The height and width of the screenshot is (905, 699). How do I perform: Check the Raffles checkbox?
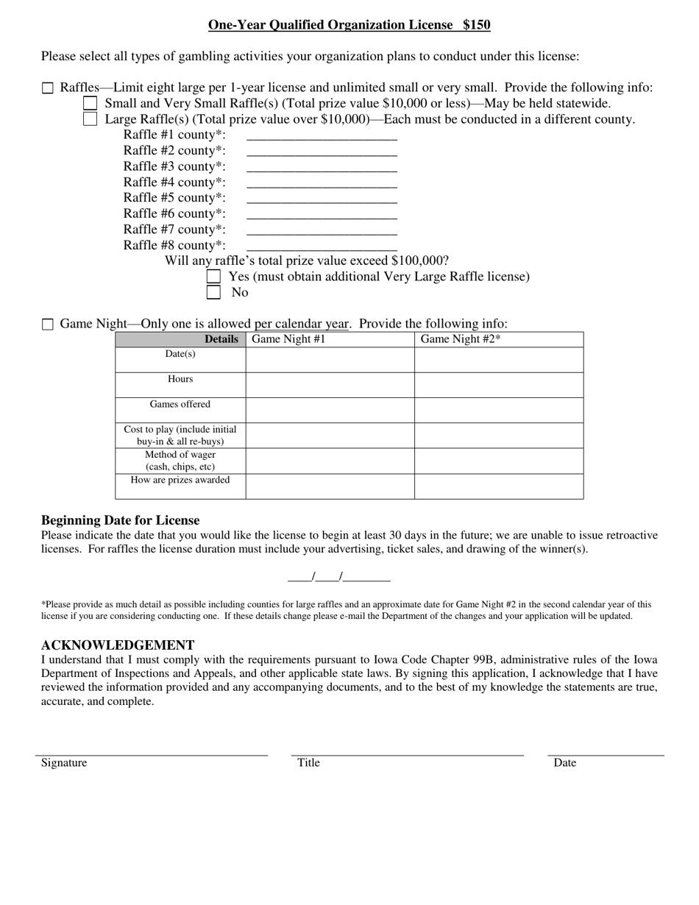click(x=48, y=88)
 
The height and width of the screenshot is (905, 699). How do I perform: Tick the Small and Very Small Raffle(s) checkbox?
click(x=91, y=104)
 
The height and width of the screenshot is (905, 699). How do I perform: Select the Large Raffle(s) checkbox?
click(x=91, y=119)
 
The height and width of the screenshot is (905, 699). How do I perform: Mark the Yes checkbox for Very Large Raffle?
click(x=213, y=277)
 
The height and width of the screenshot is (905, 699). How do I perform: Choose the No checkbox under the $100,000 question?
click(x=213, y=292)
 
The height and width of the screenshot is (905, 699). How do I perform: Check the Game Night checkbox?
click(x=48, y=324)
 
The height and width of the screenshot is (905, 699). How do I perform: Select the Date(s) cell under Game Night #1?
click(x=330, y=360)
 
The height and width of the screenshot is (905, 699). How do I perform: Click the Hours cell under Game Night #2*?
click(x=498, y=385)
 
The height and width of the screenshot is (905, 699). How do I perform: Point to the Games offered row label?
click(x=180, y=405)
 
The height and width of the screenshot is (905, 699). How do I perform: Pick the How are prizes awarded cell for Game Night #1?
click(x=330, y=486)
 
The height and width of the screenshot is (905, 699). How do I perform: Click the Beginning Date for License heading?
click(x=120, y=520)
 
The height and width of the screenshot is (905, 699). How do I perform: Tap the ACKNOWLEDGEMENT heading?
click(x=118, y=645)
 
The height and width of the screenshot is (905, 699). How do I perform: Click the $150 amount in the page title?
click(x=476, y=25)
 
